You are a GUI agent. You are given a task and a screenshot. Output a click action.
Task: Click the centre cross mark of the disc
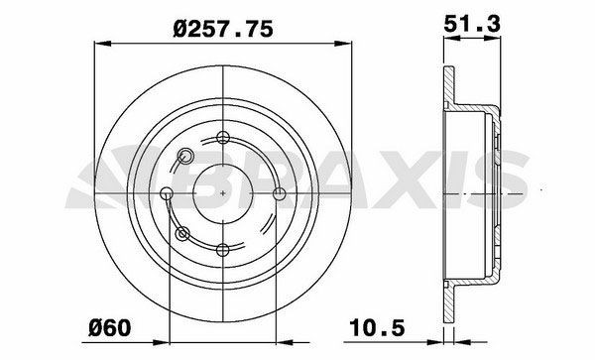click(224, 192)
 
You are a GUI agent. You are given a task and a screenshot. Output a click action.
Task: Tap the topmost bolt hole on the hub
click(224, 138)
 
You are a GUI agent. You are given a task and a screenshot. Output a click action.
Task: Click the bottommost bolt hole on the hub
click(224, 248)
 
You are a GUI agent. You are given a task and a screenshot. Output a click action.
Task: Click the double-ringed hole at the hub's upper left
click(183, 155)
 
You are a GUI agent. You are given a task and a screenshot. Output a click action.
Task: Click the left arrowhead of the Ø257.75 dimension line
click(98, 42)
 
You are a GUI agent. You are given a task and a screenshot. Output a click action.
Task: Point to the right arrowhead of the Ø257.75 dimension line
click(348, 42)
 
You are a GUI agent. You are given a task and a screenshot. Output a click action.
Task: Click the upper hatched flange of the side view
click(447, 87)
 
